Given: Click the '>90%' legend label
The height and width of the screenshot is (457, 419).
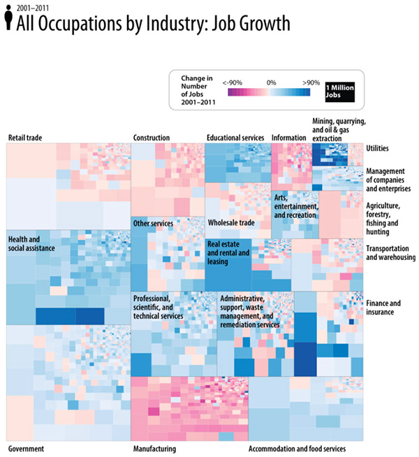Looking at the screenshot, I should click(311, 82).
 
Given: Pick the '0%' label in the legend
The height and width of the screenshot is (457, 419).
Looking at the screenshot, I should click(271, 82).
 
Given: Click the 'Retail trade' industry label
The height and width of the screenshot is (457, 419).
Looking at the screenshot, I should click(25, 138).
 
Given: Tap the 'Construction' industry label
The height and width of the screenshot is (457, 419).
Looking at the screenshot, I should click(153, 138).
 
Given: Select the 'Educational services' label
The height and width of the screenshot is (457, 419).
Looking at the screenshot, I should click(235, 138).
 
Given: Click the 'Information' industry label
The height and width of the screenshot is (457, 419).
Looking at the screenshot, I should click(288, 138).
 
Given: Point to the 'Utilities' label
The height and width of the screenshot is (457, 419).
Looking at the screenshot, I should click(377, 149).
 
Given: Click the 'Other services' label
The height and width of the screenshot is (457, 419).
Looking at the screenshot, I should click(153, 223).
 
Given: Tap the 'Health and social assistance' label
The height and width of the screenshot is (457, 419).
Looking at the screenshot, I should click(33, 245).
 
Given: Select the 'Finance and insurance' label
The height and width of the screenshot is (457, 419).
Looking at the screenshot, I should click(383, 307).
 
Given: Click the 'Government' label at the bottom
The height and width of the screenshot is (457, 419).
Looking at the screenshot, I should click(27, 449).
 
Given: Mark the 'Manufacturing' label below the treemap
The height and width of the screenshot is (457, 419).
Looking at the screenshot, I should click(154, 449).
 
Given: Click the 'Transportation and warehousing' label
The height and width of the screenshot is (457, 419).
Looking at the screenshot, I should click(390, 252).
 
